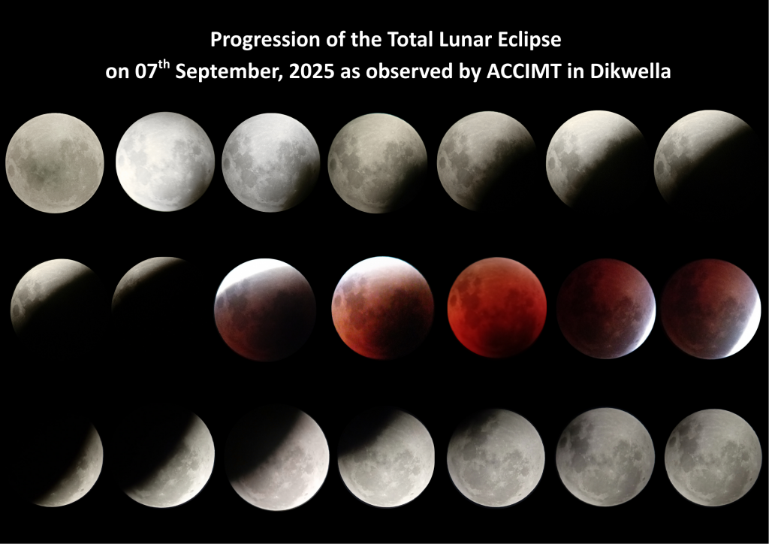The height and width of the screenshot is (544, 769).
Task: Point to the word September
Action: [x=229, y=72]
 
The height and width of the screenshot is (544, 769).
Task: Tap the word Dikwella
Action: [x=630, y=71]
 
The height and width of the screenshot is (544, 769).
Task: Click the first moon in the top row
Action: [x=55, y=163]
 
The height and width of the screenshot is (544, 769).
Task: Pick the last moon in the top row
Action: [x=704, y=159]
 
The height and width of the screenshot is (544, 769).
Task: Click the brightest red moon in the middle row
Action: [x=497, y=307]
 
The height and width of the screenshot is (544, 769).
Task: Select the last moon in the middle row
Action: [x=710, y=309]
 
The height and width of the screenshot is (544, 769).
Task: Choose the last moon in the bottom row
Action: [x=713, y=457]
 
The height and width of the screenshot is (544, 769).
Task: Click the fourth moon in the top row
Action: [x=377, y=163]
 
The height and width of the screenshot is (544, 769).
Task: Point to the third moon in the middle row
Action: [x=265, y=310]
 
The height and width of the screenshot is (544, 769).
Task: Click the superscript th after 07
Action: [x=164, y=65]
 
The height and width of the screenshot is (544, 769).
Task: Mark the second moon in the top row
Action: [x=165, y=162]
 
